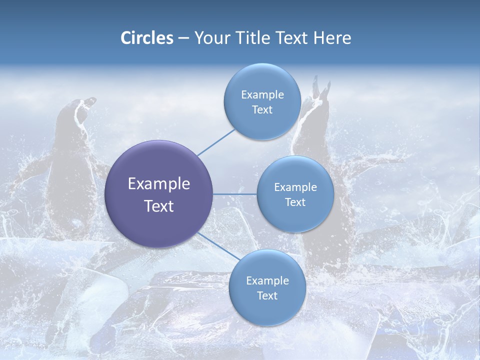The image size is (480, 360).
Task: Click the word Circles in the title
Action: coord(147,38)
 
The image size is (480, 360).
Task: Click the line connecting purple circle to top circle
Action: coord(216,142)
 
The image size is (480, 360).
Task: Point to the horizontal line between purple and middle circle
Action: coord(235,194)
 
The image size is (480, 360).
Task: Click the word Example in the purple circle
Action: coord(159,184)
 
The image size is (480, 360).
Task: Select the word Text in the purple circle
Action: coord(159,206)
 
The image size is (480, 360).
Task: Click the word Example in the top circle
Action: coord(262,95)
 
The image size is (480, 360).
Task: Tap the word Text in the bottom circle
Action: coord(267,296)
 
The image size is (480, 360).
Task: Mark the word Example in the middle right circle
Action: coord(295,187)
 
